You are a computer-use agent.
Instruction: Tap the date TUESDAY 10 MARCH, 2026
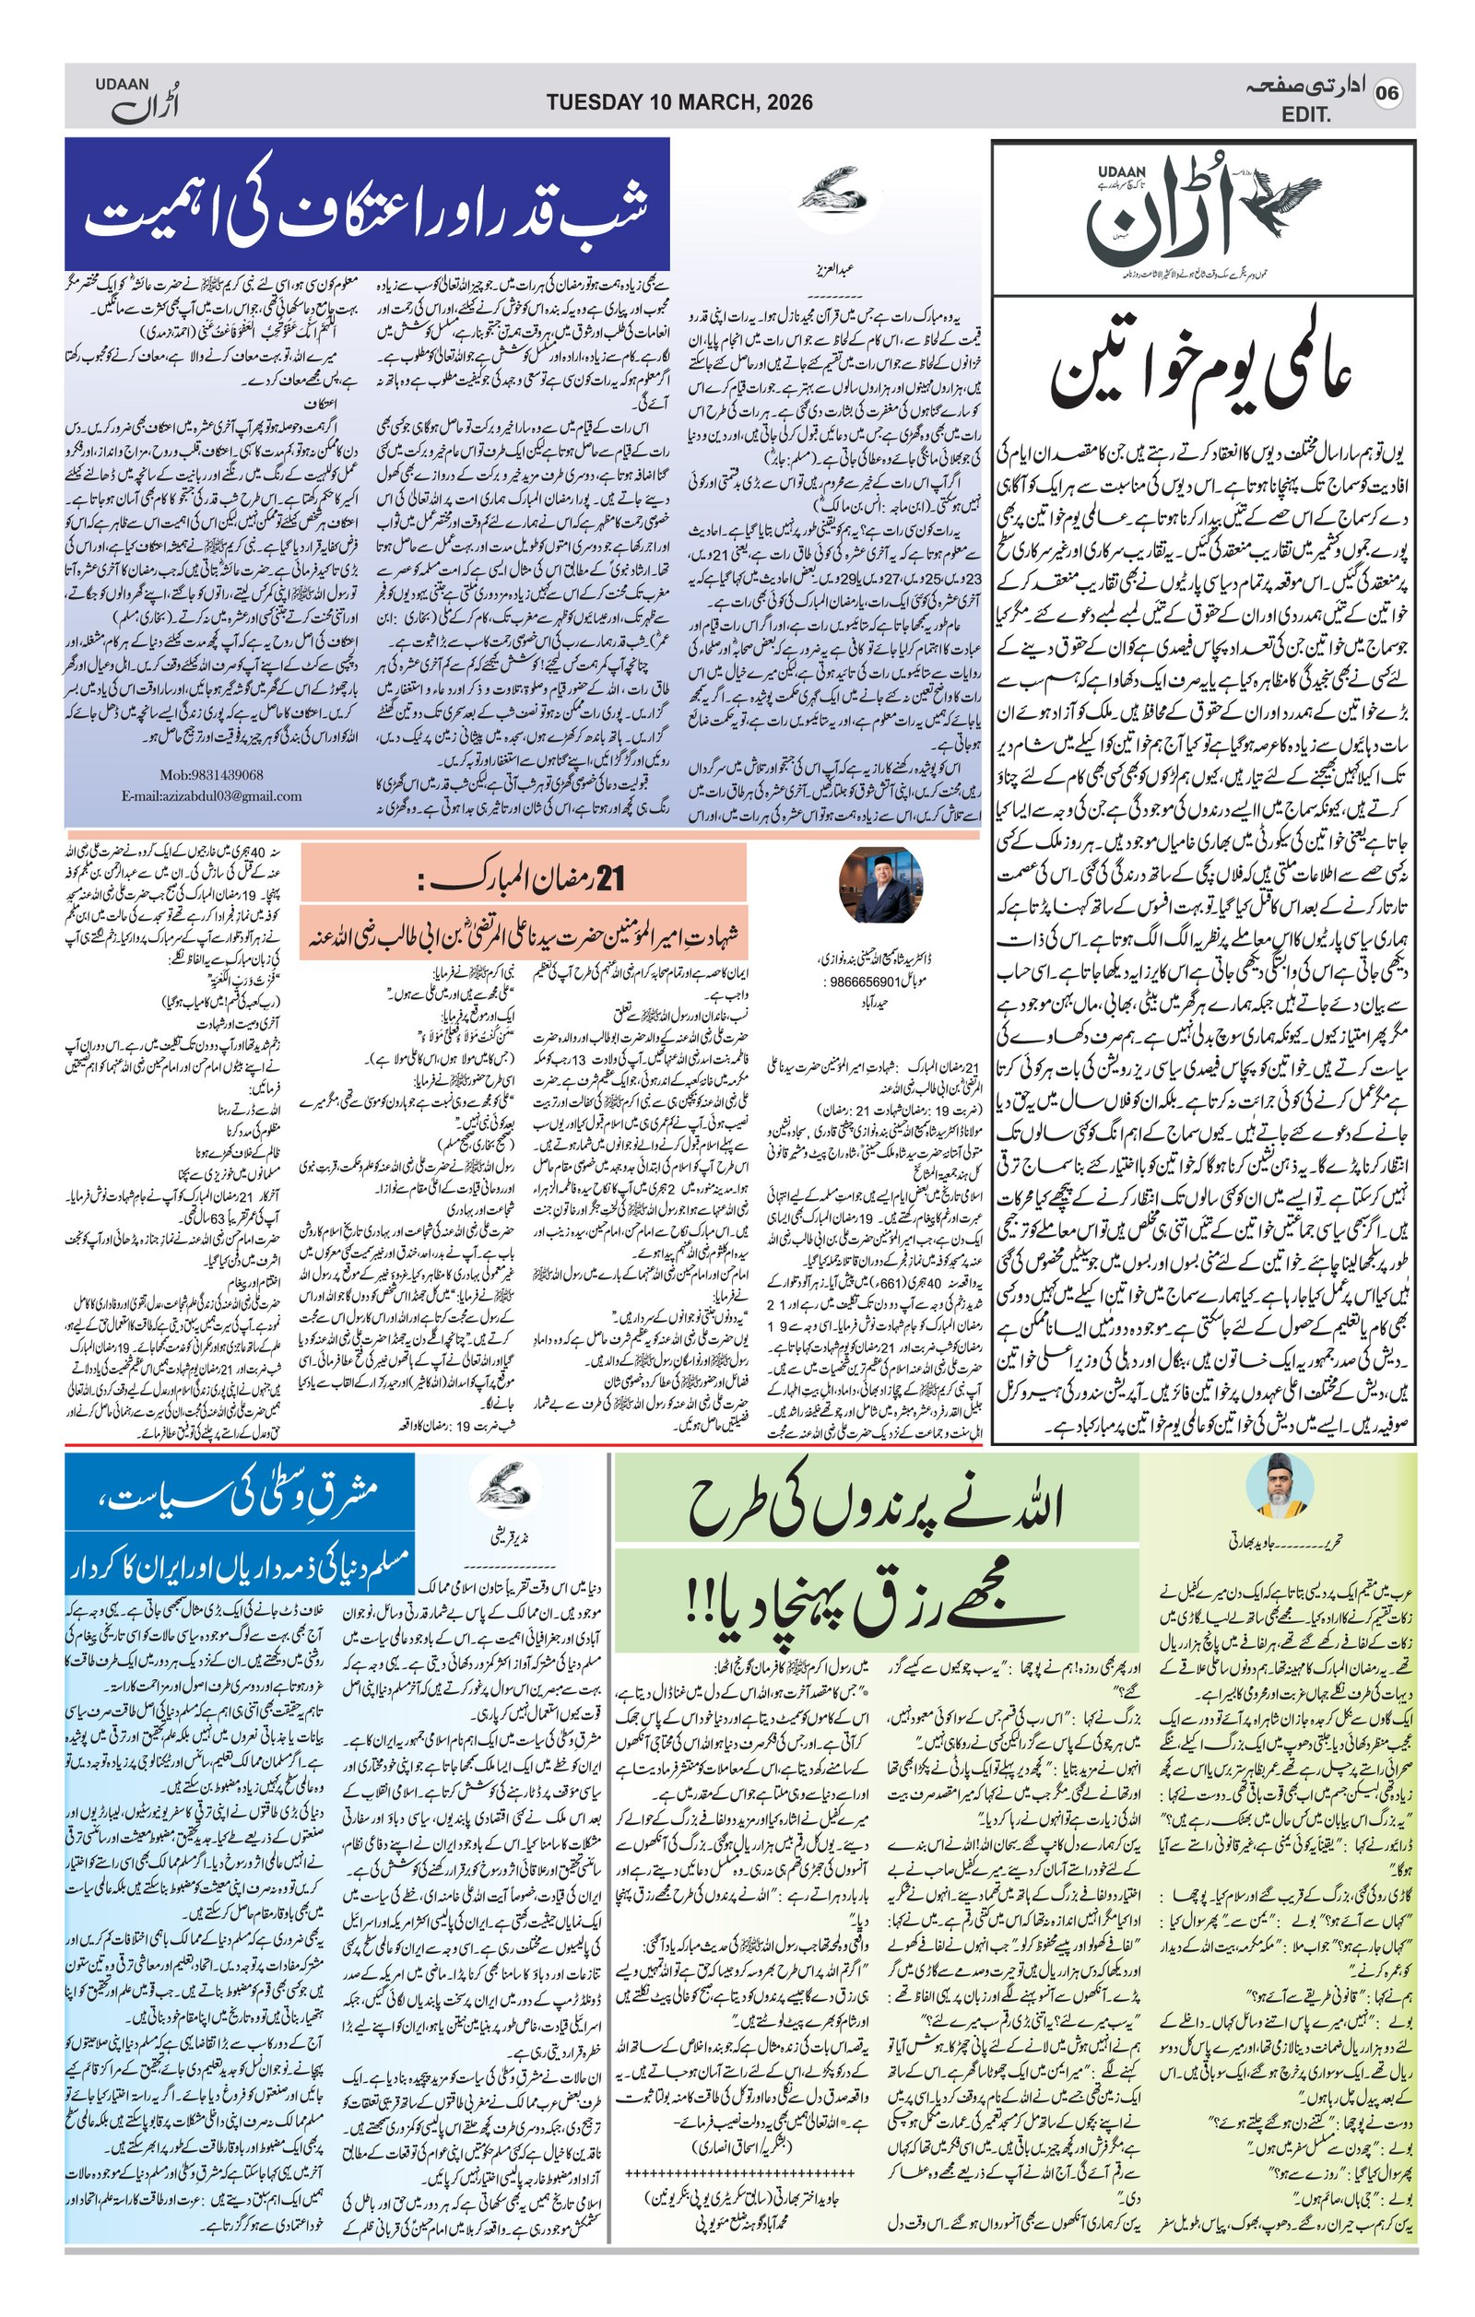point(679,102)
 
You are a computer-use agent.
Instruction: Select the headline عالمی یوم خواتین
point(1202,372)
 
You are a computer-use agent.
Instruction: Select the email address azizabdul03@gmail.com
point(212,795)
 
